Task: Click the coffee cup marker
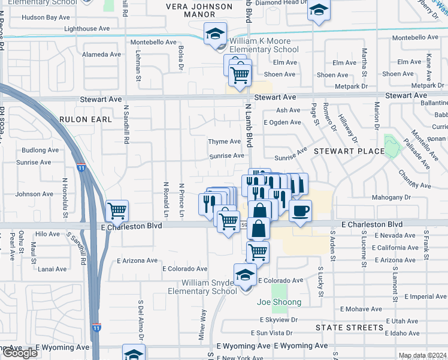[301, 210]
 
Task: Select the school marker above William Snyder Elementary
[245, 275]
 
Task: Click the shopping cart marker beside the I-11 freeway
[117, 210]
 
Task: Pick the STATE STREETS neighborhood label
[349, 328]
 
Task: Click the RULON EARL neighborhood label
[86, 119]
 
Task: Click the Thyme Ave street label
[224, 142]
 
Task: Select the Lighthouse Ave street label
[87, 28]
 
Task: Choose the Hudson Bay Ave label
[46, 17]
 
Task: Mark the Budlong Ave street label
[40, 150]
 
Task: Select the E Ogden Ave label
[283, 122]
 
